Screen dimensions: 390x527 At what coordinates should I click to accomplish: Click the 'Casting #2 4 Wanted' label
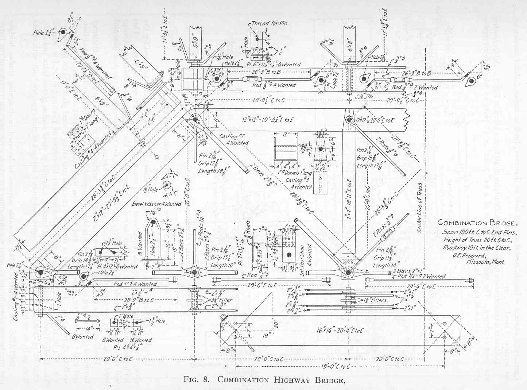[x=234, y=140]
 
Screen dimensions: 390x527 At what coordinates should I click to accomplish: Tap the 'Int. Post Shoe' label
[x=310, y=255]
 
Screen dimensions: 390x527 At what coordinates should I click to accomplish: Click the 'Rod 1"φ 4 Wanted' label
[x=135, y=284]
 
